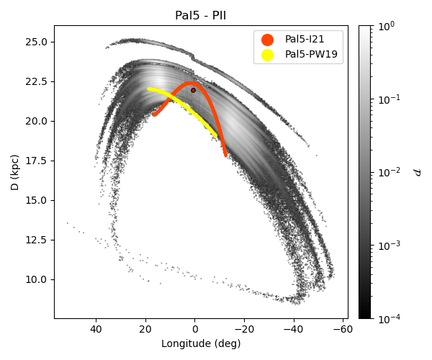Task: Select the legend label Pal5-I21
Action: (305, 39)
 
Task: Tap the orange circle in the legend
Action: (268, 40)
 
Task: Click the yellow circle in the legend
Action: (268, 55)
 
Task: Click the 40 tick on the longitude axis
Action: (96, 330)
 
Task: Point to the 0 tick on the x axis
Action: (194, 330)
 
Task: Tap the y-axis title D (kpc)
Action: (15, 172)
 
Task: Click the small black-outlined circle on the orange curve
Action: (193, 90)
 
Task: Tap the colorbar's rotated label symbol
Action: (417, 172)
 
